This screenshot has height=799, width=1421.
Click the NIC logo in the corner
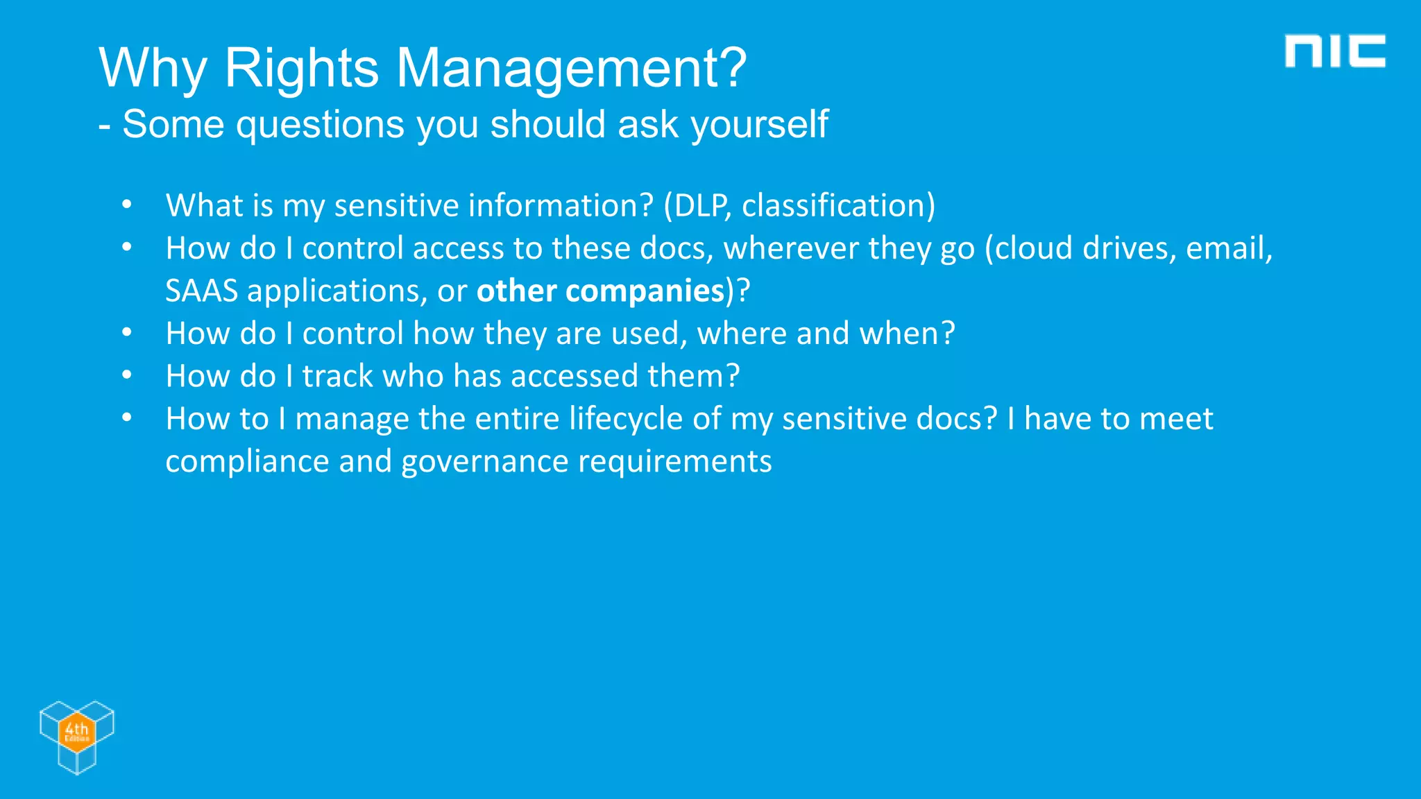tap(1334, 51)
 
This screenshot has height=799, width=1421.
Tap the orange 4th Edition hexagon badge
tap(76, 731)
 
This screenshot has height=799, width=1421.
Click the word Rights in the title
tap(301, 68)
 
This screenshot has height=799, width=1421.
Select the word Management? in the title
tap(571, 68)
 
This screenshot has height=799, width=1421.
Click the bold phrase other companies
tap(600, 291)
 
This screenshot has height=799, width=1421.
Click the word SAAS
tap(201, 291)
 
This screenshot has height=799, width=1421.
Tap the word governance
tap(484, 462)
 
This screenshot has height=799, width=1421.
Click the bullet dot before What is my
tap(126, 205)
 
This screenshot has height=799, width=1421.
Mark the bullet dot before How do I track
tap(126, 376)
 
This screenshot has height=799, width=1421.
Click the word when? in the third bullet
tap(907, 334)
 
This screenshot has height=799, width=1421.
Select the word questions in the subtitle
tap(320, 125)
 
